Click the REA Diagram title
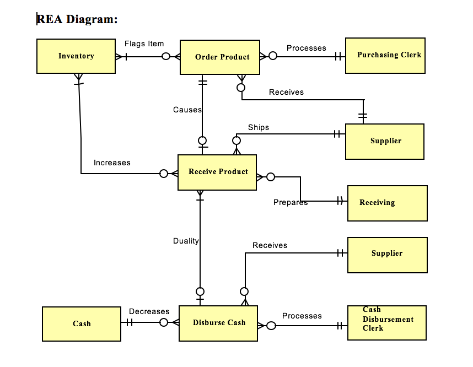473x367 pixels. point(77,19)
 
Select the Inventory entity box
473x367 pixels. point(76,56)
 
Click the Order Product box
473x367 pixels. point(220,57)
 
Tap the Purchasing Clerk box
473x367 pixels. point(385,55)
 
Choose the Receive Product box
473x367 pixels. point(217,172)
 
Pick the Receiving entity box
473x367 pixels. point(387,203)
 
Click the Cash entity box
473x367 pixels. point(82,323)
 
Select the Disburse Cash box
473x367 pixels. point(218,323)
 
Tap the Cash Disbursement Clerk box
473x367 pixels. point(386,322)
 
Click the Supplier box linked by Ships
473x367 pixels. point(385,141)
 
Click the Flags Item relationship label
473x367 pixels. point(144,44)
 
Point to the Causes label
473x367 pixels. point(187,110)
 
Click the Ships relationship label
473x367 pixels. point(259,127)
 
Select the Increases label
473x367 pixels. point(112,163)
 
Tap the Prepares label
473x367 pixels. point(290,202)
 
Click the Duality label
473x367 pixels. point(186,241)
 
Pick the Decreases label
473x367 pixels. point(149,311)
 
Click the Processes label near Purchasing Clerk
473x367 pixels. point(306,48)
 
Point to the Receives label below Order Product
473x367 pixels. point(286,92)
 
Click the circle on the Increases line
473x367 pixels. point(164,174)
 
